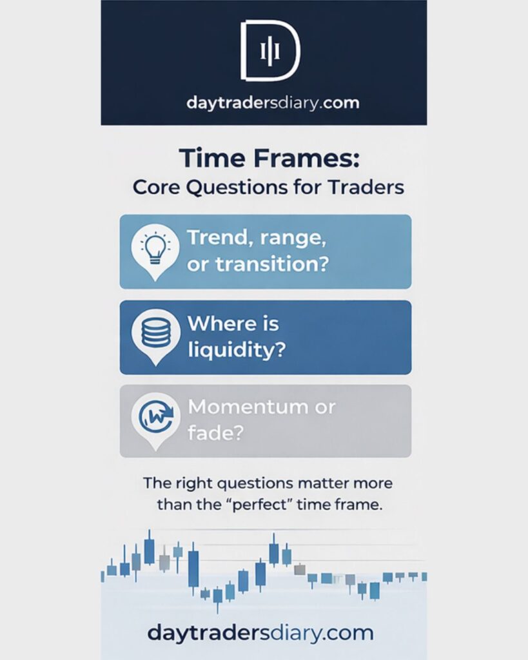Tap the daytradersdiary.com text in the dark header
click(x=273, y=102)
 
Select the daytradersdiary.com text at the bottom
click(x=260, y=633)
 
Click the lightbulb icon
click(x=155, y=248)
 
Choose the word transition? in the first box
click(x=271, y=264)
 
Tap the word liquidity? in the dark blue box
click(x=237, y=350)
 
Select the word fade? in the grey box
click(x=215, y=432)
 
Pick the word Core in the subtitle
click(x=157, y=188)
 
